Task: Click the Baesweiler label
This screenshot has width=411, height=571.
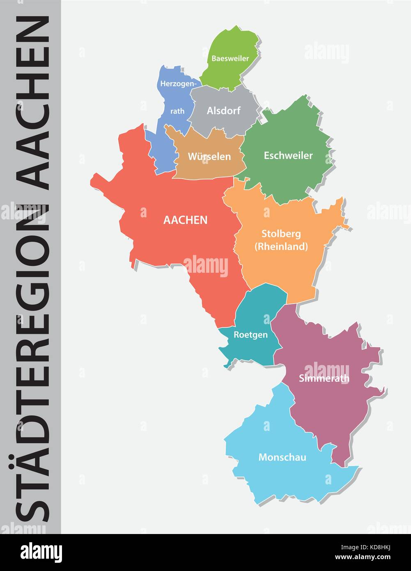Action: coord(230,58)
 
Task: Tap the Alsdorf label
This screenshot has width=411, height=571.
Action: coord(223,111)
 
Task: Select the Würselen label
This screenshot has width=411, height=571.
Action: coord(209,157)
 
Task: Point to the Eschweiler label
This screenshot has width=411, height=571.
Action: coord(288,155)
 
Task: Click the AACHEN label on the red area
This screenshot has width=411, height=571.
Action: coord(185,220)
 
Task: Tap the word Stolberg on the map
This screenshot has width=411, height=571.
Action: coord(281,234)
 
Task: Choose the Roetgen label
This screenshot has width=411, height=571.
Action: coord(250,334)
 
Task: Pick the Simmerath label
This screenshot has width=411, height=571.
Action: coord(324,378)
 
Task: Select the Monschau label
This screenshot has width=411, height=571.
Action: coord(282,457)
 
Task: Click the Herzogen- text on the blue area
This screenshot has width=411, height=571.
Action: coord(179,84)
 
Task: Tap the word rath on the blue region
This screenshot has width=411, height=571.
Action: coord(177,111)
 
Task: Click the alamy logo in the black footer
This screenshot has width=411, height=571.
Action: coord(41,552)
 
